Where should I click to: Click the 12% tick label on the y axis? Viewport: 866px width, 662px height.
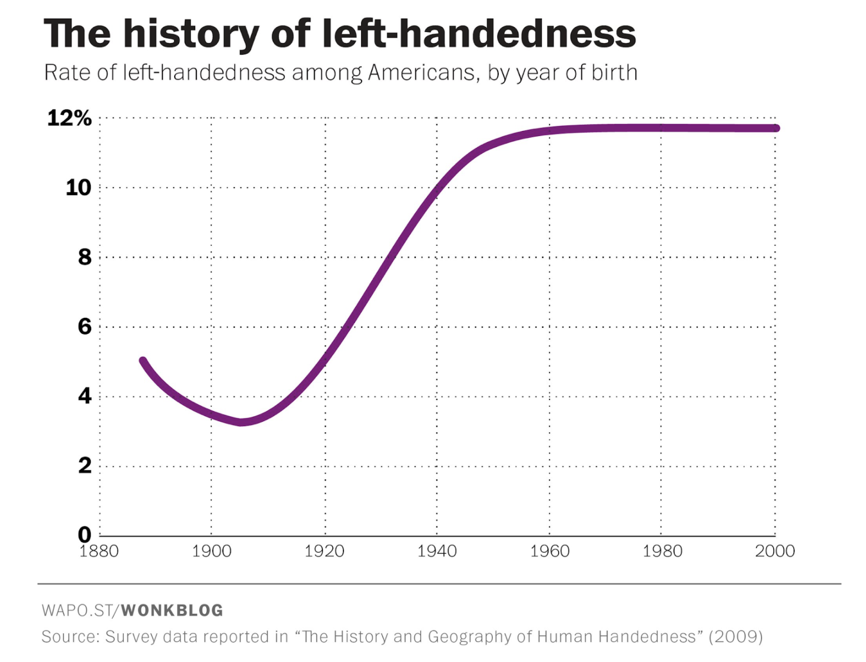pos(69,118)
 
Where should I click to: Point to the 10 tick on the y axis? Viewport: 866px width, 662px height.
pos(78,188)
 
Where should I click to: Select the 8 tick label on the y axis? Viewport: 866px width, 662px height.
pos(85,257)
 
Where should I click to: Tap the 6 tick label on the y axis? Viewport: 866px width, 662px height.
pos(85,327)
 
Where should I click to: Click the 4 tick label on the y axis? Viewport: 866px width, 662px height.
pos(85,396)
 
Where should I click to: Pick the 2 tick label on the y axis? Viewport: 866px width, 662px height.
pos(85,466)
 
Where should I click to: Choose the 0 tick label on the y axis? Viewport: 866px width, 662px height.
pos(85,534)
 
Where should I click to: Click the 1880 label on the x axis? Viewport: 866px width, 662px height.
pos(99,551)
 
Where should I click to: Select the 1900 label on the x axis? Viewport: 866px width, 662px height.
pos(211,551)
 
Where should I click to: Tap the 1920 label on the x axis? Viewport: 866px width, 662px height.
pos(324,551)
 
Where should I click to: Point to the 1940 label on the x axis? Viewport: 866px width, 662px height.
pos(437,551)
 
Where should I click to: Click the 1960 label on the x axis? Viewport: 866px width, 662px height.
pos(550,551)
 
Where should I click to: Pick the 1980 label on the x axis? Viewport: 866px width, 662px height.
pos(662,551)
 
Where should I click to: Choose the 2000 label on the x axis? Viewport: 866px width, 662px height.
pos(775,551)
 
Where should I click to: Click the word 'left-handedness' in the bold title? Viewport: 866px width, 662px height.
pos(478,34)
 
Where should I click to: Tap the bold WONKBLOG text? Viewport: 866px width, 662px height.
pos(172,611)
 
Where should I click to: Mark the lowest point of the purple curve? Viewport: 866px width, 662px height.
pos(241,422)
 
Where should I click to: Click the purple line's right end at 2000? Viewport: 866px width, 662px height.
pos(775,128)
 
